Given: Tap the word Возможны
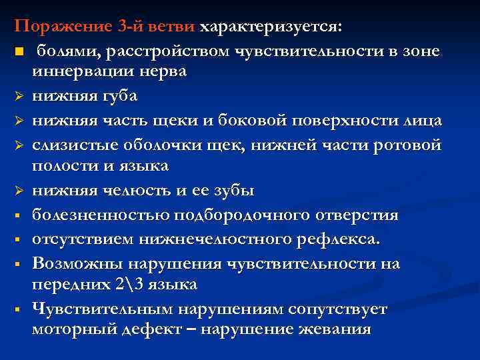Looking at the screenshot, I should (73, 263).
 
